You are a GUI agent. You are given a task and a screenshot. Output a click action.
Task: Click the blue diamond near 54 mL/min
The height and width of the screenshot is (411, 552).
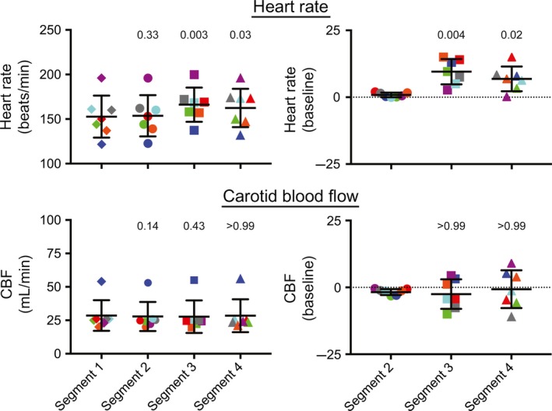tap(101, 281)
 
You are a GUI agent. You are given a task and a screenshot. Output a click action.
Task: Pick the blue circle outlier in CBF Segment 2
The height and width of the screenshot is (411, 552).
tap(148, 283)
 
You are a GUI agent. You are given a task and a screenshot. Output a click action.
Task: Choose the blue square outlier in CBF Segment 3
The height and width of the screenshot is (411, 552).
tap(195, 280)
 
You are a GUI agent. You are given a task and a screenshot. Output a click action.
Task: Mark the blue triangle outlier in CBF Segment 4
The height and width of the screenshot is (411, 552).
tap(241, 279)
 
